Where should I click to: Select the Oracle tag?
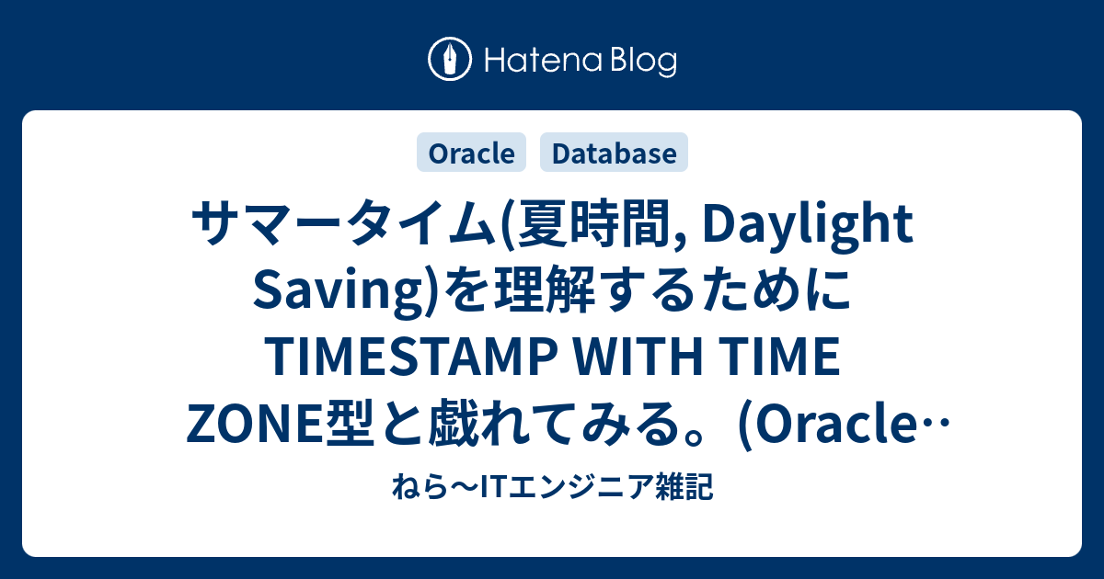click(x=471, y=153)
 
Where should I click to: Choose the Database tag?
click(x=614, y=153)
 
